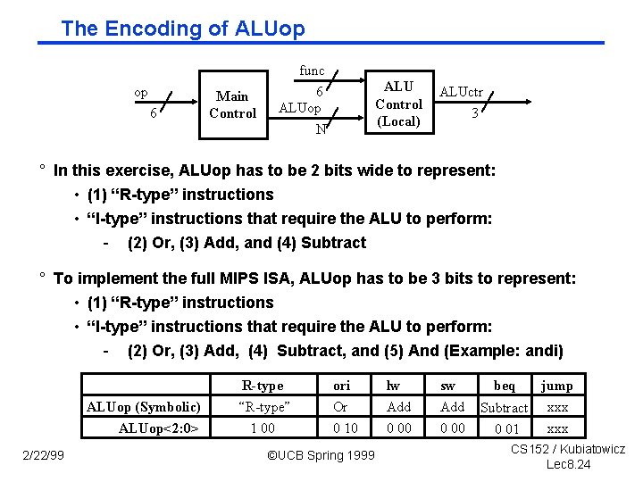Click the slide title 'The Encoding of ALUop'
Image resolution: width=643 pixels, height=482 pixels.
pyautogui.click(x=183, y=29)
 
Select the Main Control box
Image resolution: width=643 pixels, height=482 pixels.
pyautogui.click(x=232, y=104)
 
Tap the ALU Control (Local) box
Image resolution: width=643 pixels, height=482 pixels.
pyautogui.click(x=398, y=104)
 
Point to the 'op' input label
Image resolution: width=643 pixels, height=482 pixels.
pyautogui.click(x=141, y=92)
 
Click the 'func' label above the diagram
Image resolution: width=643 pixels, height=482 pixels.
pyautogui.click(x=312, y=71)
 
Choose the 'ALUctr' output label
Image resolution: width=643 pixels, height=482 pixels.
pyautogui.click(x=462, y=92)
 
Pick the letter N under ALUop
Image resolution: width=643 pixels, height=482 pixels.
pyautogui.click(x=320, y=129)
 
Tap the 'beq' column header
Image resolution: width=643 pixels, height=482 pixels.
pyautogui.click(x=505, y=386)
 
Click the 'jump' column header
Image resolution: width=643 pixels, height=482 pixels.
pyautogui.click(x=557, y=386)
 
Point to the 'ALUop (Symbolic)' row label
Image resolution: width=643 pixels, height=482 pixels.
pyautogui.click(x=144, y=407)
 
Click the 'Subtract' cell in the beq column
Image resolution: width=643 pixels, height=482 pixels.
pyautogui.click(x=505, y=408)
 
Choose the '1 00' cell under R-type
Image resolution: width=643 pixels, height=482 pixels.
pyautogui.click(x=263, y=428)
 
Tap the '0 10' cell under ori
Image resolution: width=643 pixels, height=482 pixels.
pyautogui.click(x=346, y=428)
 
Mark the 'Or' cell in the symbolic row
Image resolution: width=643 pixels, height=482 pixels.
pyautogui.click(x=340, y=407)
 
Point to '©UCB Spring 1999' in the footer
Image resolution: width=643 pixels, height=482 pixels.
pyautogui.click(x=320, y=457)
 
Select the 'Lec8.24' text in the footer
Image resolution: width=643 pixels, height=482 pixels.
pyautogui.click(x=568, y=464)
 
